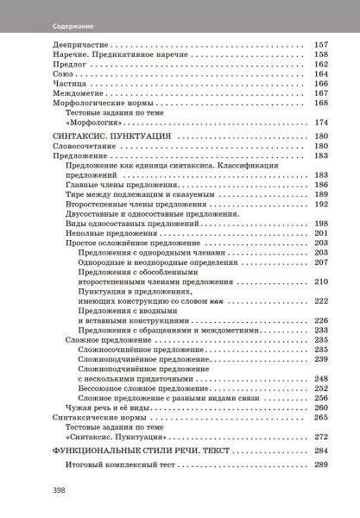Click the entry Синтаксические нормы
coord(69,417)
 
